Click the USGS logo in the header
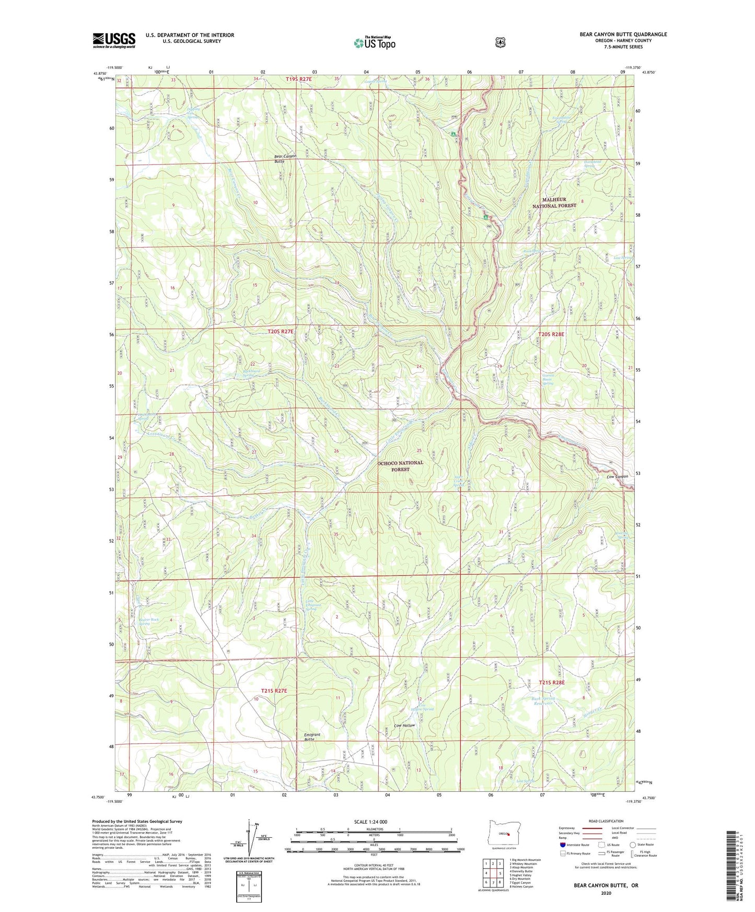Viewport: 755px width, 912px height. pos(114,40)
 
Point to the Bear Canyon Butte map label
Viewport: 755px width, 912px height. pos(285,159)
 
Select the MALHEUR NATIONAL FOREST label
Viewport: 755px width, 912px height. pos(554,203)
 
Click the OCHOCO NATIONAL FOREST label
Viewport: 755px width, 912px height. pos(400,466)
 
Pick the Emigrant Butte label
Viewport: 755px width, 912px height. pos(312,737)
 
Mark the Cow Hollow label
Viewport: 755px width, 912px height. pos(404,726)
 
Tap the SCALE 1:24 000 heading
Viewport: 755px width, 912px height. pos(370,822)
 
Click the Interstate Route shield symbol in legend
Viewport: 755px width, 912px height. pos(562,844)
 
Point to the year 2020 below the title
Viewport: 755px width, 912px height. pos(606,893)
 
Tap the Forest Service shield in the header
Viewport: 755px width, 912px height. pos(501,42)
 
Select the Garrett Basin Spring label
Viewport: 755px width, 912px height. pos(548,379)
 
